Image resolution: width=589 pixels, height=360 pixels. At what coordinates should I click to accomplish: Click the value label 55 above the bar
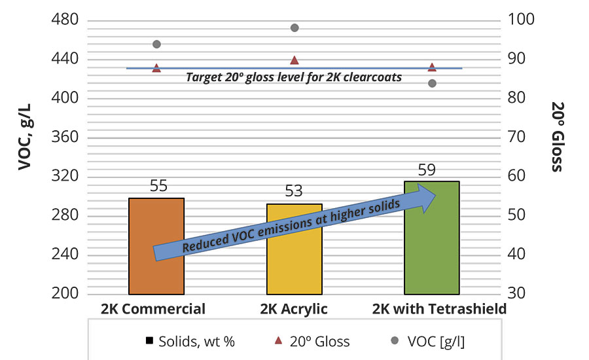click(158, 185)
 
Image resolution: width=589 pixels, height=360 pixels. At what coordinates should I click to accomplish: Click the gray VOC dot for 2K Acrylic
click(294, 27)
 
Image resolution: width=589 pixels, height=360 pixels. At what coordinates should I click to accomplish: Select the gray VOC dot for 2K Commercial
click(156, 44)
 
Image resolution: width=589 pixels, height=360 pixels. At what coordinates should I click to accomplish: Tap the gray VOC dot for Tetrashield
click(432, 83)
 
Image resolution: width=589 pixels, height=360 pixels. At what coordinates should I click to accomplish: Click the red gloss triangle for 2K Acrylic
click(294, 60)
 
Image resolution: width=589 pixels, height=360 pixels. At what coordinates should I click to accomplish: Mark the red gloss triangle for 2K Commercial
click(156, 67)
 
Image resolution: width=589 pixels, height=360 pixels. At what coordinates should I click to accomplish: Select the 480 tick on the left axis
click(64, 20)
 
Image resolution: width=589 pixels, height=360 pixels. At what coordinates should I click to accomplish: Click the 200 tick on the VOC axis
click(64, 293)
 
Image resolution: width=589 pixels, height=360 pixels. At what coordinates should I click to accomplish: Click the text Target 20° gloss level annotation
click(294, 77)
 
